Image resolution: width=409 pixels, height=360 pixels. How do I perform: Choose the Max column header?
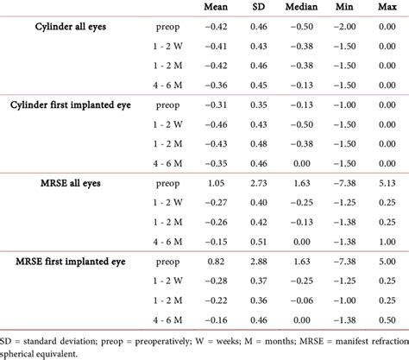tap(388, 8)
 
